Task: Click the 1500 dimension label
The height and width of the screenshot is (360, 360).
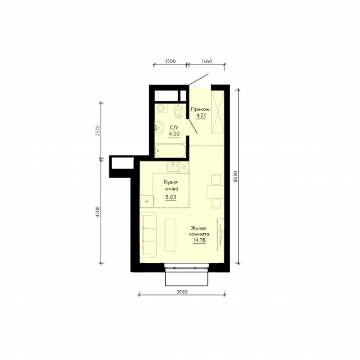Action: pos(171,61)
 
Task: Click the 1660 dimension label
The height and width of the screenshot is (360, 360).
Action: pos(207,61)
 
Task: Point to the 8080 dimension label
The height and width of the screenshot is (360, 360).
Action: pos(234,176)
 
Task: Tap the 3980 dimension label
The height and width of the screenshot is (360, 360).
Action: pos(182,292)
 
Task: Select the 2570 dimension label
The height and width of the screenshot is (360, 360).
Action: pos(98,131)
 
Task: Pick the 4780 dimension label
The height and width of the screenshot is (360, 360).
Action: pos(98,212)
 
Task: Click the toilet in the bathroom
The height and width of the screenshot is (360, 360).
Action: pos(178,111)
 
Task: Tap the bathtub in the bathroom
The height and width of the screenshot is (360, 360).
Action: pos(170,151)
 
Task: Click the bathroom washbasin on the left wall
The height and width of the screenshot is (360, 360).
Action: pos(159,127)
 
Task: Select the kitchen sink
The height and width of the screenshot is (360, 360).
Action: pos(173,167)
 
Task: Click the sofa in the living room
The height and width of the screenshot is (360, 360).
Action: pos(149,234)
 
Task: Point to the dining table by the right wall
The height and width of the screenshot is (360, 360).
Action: pos(216,191)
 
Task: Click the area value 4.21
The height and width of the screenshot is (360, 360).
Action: pos(201,115)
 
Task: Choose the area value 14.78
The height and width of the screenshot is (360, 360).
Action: pos(199,240)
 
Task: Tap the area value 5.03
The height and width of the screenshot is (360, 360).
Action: pos(171,197)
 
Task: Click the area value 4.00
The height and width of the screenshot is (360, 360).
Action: pos(174,134)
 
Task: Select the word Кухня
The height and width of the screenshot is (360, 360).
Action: pos(171,182)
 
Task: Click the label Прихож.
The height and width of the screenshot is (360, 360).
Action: pos(201,109)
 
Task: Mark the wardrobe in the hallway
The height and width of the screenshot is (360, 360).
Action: pos(217,112)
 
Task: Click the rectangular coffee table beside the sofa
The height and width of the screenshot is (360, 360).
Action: pos(171,235)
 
